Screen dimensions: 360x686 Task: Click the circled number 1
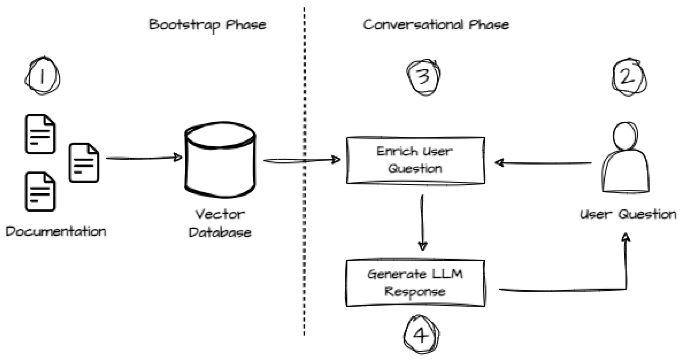coord(42,76)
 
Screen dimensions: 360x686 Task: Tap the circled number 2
coord(629,77)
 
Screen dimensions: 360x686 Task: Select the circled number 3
coord(423,77)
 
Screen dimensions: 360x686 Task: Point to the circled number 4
coord(421,335)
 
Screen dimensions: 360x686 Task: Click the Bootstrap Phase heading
coord(207,25)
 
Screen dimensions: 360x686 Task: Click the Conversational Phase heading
coord(436,25)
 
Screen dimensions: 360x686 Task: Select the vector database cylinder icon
coord(220,160)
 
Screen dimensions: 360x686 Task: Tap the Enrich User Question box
coord(416,160)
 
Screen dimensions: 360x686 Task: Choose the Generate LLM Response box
coord(416,283)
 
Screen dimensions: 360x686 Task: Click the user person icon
coord(625,159)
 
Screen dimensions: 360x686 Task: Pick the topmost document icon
coord(40,134)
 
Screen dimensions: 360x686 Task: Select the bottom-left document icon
coord(40,192)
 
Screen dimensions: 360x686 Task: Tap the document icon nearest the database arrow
coord(84,163)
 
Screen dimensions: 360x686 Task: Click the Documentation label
coord(56,232)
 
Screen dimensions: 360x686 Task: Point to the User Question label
coord(628,214)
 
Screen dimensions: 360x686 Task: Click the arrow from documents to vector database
coord(144,158)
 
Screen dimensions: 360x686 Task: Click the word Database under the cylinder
coord(220,233)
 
